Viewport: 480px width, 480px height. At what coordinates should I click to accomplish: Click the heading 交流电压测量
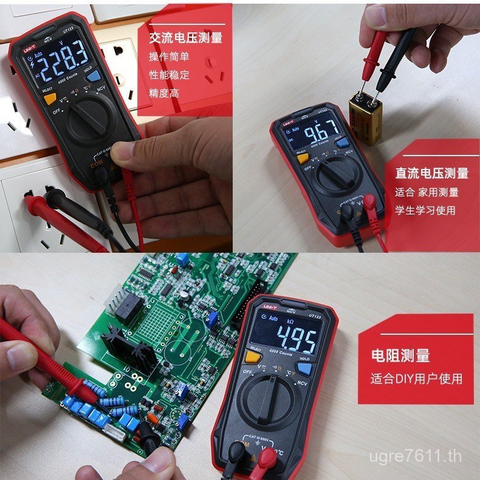click(186, 38)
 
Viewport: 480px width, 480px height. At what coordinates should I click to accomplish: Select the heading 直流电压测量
click(432, 173)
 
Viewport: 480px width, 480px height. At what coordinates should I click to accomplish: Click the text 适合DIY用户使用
click(417, 379)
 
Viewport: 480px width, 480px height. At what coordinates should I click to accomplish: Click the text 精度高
click(164, 93)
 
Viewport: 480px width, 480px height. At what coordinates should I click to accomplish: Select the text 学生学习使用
click(425, 210)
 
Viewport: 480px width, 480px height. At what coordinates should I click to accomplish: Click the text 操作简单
click(169, 57)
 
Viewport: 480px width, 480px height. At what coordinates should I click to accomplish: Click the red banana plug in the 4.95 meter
click(264, 462)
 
